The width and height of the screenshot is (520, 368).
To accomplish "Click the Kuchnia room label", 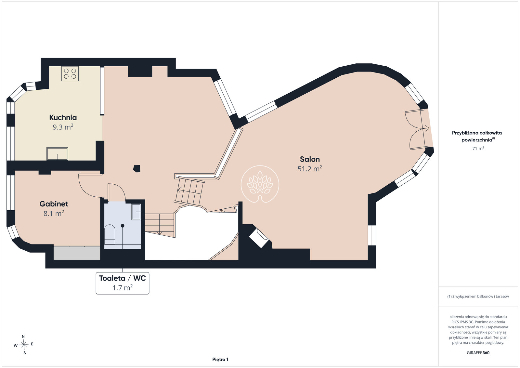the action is coord(63,117).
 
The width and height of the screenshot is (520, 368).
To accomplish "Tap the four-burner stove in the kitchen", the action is coord(70,73).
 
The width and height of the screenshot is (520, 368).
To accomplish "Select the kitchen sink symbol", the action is coord(57,154).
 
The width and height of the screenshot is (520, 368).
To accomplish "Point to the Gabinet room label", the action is coord(54,204).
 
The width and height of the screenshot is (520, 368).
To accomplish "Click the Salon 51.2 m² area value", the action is coord(310,169).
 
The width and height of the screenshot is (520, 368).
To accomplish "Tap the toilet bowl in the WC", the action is coord(110,234).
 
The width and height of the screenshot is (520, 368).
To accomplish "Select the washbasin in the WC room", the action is coord(136,212).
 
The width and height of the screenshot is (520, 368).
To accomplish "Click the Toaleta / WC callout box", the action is coord(123,283).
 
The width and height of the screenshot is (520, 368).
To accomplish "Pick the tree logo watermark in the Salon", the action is coord(260,184).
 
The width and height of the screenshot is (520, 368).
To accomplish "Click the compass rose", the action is coord(24,345).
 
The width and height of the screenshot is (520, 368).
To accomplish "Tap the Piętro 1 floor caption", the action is coord(220,360).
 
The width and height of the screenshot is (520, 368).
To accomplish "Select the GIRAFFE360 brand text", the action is coord(478,353).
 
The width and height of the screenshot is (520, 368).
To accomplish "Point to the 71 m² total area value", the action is coord(478,148).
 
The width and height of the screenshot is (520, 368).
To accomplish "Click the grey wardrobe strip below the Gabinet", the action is coord(77,253).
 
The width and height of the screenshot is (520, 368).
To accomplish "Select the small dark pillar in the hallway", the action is coord(137,169).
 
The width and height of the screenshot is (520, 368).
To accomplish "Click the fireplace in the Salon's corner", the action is coord(258,238).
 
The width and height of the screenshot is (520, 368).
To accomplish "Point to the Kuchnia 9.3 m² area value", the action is coord(63,127).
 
